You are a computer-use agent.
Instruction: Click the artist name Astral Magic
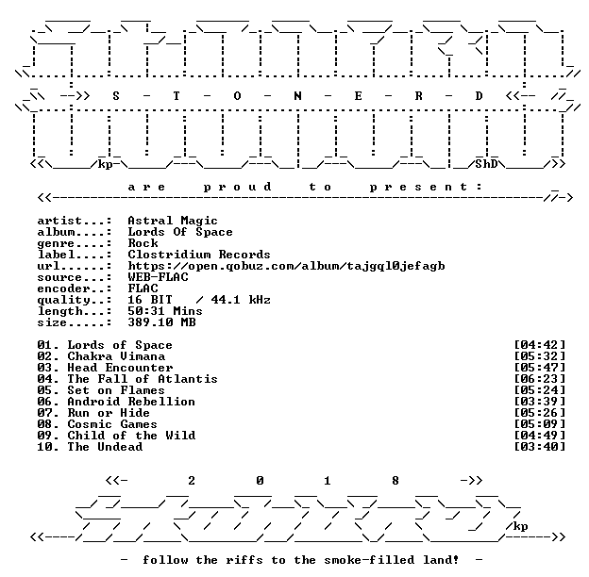click(x=173, y=221)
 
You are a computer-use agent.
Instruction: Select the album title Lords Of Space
click(x=180, y=232)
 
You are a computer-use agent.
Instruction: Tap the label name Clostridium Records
click(x=199, y=255)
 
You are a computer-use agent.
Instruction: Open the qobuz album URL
click(x=286, y=266)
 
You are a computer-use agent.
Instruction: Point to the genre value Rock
click(x=143, y=243)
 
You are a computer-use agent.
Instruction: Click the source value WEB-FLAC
click(x=158, y=277)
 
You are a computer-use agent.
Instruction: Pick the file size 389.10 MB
click(x=161, y=322)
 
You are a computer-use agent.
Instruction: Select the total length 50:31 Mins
click(x=165, y=311)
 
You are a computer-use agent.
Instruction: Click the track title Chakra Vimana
click(x=116, y=356)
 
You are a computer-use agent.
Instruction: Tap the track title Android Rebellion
click(x=131, y=402)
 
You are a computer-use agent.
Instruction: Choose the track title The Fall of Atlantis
click(x=143, y=379)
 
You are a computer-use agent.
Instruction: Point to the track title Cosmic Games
click(x=112, y=424)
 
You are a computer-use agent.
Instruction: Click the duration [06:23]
click(x=540, y=379)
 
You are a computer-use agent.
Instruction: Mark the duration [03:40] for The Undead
click(x=540, y=447)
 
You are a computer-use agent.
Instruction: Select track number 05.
click(x=44, y=390)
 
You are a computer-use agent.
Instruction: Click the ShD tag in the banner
click(x=486, y=164)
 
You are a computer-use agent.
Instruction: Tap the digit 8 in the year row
click(x=395, y=481)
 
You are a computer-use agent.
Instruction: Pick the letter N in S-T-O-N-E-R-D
click(x=297, y=96)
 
